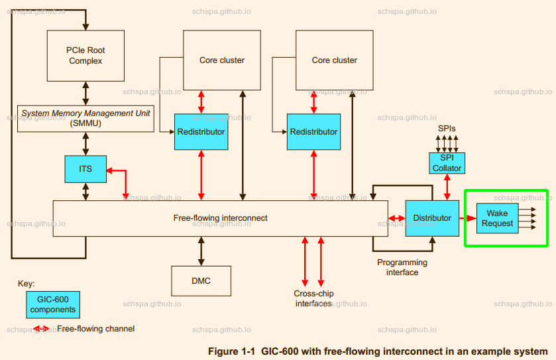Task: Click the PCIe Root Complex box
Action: [85, 55]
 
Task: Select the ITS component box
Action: [85, 169]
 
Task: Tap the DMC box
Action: [201, 281]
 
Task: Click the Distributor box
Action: [432, 218]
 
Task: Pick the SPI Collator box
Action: [447, 163]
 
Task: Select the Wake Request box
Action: [497, 218]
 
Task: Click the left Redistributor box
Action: [201, 132]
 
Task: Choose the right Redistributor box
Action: [313, 132]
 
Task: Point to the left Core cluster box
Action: [222, 60]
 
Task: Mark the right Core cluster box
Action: [335, 60]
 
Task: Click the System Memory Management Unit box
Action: [85, 118]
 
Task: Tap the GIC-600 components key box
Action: [53, 305]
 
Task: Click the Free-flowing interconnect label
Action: [220, 217]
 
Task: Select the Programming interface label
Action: [402, 267]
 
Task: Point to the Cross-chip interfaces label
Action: [313, 298]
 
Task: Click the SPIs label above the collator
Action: [447, 128]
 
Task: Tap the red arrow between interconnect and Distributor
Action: [396, 218]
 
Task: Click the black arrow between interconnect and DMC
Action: [201, 251]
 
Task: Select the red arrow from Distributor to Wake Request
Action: [468, 218]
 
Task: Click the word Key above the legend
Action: [26, 284]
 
